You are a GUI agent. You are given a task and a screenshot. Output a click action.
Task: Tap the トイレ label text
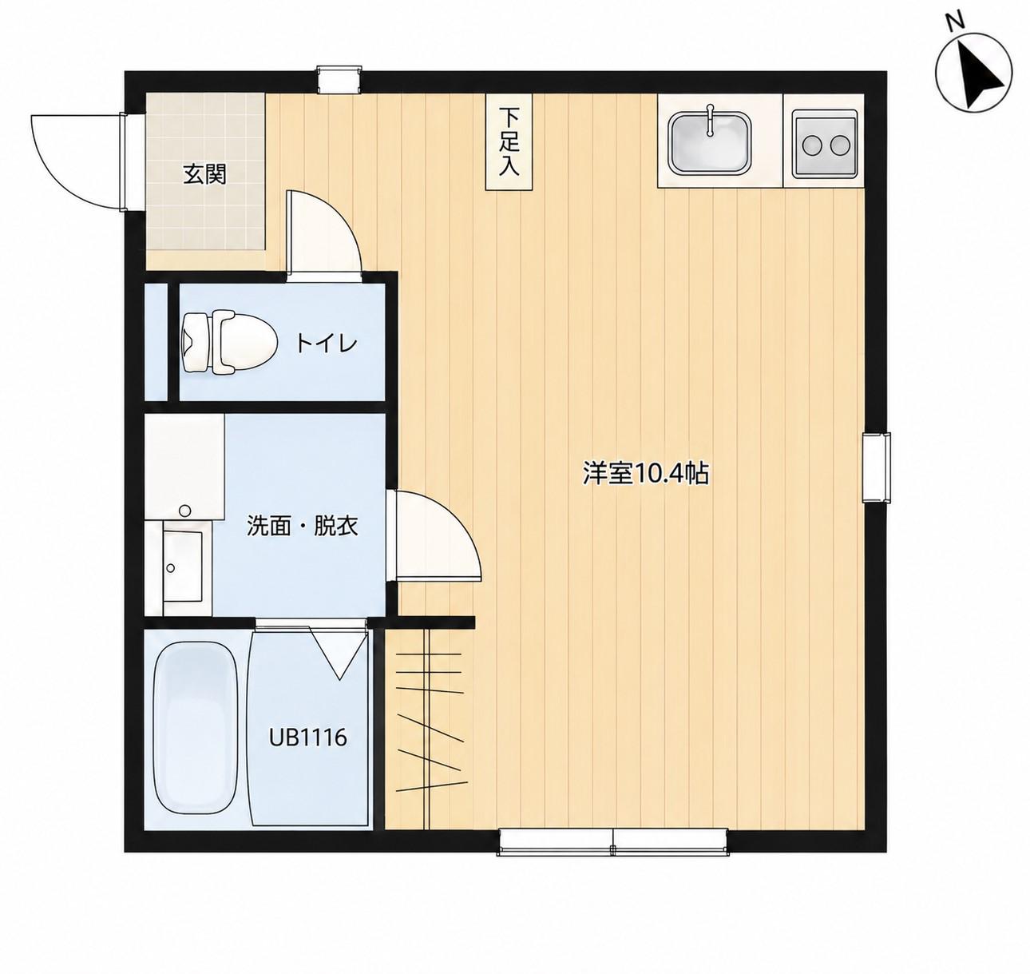click(327, 344)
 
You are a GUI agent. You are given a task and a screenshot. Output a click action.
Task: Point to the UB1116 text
click(307, 737)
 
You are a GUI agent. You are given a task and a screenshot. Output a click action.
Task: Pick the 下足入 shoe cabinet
click(509, 141)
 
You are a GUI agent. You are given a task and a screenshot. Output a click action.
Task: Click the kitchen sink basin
click(710, 142)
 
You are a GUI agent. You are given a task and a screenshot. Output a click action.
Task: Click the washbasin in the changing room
click(182, 566)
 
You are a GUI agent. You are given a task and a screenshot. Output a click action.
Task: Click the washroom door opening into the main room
click(434, 535)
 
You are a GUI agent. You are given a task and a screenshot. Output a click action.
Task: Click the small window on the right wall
click(876, 467)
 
